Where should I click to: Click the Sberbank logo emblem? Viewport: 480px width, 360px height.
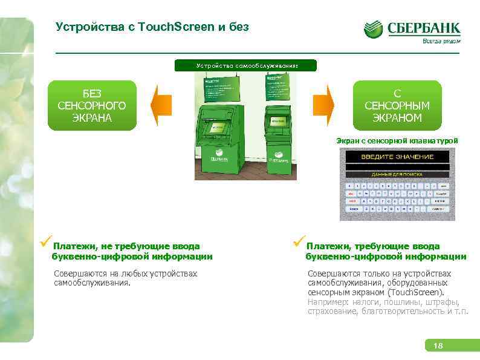[x=372, y=29]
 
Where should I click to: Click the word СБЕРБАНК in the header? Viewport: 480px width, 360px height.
[x=423, y=28]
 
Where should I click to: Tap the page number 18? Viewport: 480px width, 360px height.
[x=438, y=345]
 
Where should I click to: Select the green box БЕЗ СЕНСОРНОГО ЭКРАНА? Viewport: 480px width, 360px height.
[x=92, y=105]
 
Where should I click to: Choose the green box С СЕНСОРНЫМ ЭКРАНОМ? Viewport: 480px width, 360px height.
[x=397, y=105]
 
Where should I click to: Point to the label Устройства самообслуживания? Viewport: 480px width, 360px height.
[x=245, y=65]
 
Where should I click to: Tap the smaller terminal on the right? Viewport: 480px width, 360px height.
[x=277, y=136]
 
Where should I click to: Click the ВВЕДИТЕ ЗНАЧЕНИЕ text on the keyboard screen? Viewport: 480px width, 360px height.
[x=397, y=157]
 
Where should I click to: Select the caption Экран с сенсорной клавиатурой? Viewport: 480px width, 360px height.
[x=397, y=140]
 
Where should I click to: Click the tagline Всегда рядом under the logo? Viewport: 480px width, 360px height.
[x=441, y=42]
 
